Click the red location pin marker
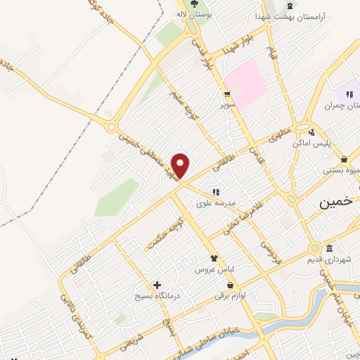pos(181,166)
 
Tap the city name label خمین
pos(333,202)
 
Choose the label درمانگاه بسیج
pos(158,296)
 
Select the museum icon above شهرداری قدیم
pos(330,248)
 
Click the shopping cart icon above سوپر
pos(227,94)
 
